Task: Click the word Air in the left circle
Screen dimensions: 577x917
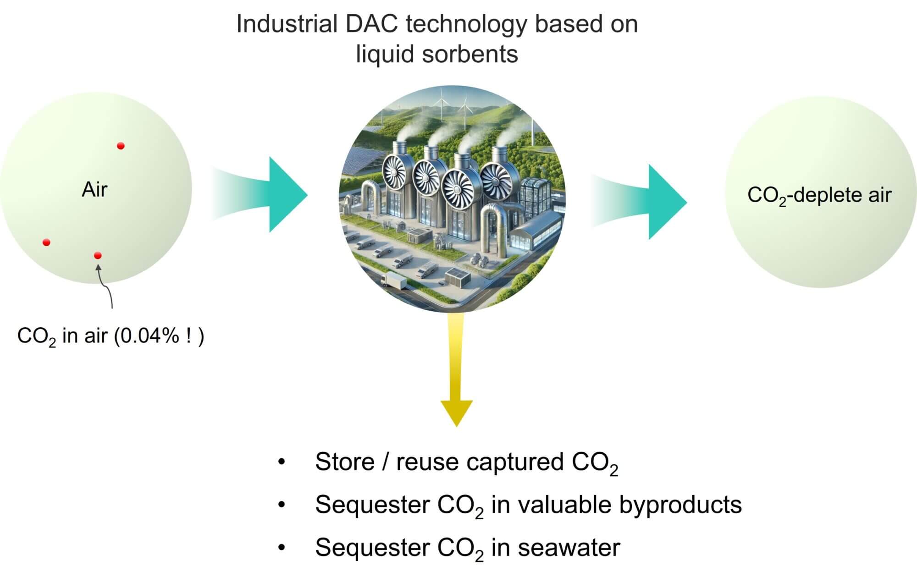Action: point(94,189)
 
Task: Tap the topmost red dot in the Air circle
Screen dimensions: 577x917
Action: point(121,146)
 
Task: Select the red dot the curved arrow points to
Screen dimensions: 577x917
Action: point(98,255)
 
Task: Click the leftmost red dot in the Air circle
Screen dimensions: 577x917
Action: point(46,242)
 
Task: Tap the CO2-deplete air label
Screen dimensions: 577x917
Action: point(819,195)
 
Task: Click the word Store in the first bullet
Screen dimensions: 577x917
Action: point(345,462)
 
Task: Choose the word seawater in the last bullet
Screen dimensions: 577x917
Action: point(569,547)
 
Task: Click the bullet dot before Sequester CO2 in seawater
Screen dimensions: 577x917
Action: point(282,547)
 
